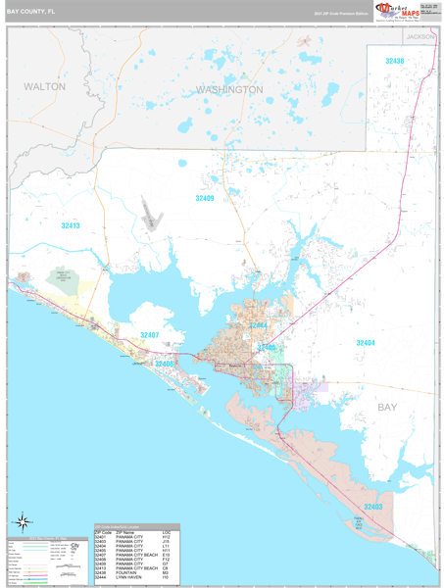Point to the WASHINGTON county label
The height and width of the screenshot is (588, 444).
click(229, 89)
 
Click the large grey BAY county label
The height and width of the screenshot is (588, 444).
click(389, 405)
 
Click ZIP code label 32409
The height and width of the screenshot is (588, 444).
click(204, 198)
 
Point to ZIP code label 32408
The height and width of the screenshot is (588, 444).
click(164, 364)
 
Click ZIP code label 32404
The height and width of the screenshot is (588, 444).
click(365, 343)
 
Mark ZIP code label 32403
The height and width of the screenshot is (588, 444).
click(373, 507)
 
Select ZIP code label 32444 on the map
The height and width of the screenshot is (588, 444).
click(258, 324)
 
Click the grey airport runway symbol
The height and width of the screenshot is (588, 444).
click(150, 214)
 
